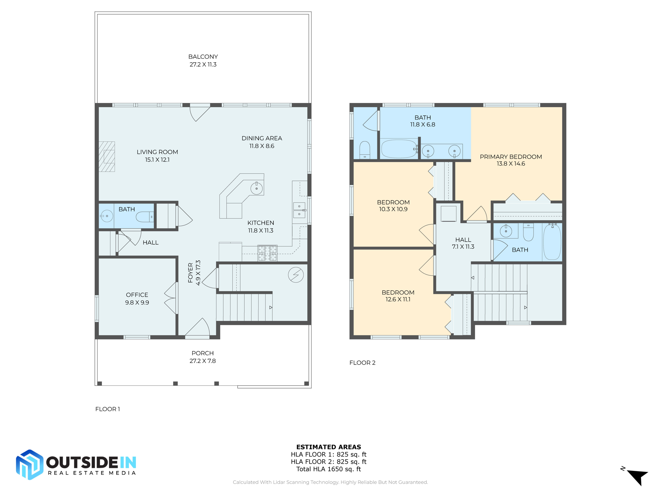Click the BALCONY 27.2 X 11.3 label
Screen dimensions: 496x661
pyautogui.click(x=203, y=60)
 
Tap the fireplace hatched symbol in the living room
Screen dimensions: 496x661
pyautogui.click(x=107, y=157)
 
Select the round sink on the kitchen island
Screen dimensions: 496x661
pyautogui.click(x=257, y=188)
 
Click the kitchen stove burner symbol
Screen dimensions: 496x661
pyautogui.click(x=267, y=253)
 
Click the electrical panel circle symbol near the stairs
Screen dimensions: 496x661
pyautogui.click(x=296, y=275)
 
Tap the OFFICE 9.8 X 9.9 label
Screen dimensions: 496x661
pyautogui.click(x=137, y=298)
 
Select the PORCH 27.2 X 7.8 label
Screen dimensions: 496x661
pyautogui.click(x=203, y=357)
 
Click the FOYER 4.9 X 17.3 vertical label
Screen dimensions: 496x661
pyautogui.click(x=194, y=273)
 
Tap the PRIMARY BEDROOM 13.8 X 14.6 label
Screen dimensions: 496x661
pyautogui.click(x=511, y=160)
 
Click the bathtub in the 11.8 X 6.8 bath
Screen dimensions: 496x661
pyautogui.click(x=399, y=149)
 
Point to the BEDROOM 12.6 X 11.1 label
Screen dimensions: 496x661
pyautogui.click(x=398, y=296)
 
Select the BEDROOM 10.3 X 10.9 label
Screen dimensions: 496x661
pyautogui.click(x=393, y=206)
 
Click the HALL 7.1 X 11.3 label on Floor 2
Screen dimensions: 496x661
pyautogui.click(x=463, y=243)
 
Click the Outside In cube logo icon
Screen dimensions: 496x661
pyautogui.click(x=30, y=464)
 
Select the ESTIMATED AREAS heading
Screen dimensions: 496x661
pyautogui.click(x=329, y=447)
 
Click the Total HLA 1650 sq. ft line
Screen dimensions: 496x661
pyautogui.click(x=329, y=469)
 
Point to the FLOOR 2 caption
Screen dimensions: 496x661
pyautogui.click(x=362, y=363)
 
